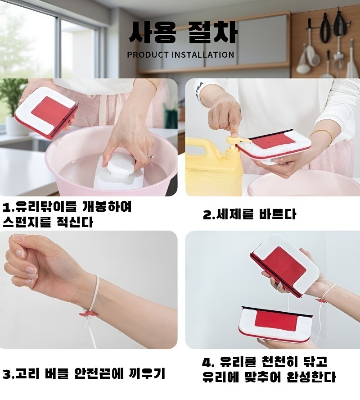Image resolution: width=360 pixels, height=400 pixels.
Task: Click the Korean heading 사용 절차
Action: [x=183, y=32]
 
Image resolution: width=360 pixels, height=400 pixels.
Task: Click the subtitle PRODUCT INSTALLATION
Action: [x=180, y=55]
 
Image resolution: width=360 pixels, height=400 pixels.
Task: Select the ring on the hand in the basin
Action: [x=152, y=157]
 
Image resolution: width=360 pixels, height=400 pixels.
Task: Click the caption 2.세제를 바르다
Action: [x=249, y=214]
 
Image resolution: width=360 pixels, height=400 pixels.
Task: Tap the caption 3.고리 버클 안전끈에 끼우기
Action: [x=84, y=373]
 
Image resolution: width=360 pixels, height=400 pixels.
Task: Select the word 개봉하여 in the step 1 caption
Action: [x=107, y=206]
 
